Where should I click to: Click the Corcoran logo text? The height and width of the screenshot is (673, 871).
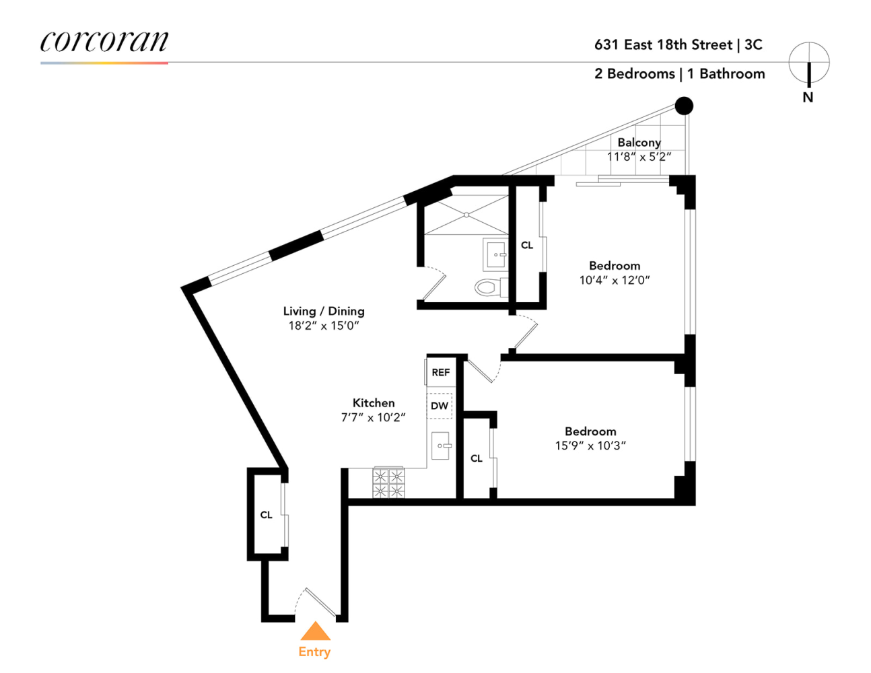104,42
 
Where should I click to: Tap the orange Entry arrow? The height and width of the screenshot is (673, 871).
315,631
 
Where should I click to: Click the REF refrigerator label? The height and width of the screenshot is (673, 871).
440,372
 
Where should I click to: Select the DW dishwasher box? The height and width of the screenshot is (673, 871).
440,406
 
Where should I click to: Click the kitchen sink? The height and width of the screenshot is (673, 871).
441,446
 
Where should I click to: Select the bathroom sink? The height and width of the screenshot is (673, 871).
497,254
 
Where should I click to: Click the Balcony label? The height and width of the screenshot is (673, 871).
639,142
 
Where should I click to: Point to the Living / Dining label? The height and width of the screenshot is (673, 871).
324,311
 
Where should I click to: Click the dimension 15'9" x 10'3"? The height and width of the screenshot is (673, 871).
590,446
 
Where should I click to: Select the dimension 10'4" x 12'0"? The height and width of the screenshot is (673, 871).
615,280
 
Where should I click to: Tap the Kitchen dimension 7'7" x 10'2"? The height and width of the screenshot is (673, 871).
373,417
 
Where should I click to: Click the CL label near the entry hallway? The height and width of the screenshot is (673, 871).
267,515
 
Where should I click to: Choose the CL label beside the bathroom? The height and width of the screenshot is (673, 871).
527,246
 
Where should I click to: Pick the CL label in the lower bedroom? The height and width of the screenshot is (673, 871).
477,458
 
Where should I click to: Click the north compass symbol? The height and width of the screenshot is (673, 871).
808,63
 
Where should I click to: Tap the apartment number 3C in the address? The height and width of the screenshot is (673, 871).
753,44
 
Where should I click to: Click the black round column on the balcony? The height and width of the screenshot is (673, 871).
684,106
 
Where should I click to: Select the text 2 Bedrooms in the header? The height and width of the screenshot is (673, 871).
634,73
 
